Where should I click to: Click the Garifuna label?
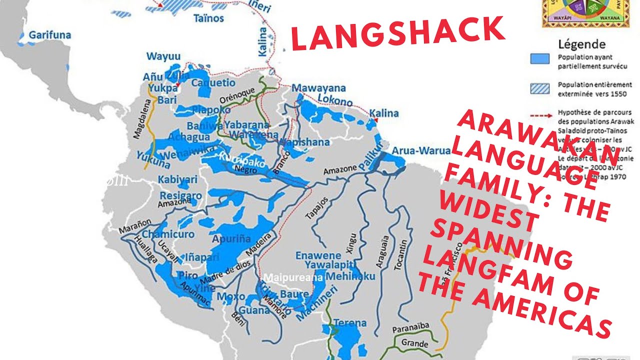click(x=49, y=35)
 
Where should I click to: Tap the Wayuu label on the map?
click(x=163, y=56)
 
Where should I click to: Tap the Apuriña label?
click(x=231, y=239)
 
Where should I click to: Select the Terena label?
click(x=350, y=322)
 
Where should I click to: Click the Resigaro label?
click(x=180, y=195)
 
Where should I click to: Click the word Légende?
click(x=581, y=44)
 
